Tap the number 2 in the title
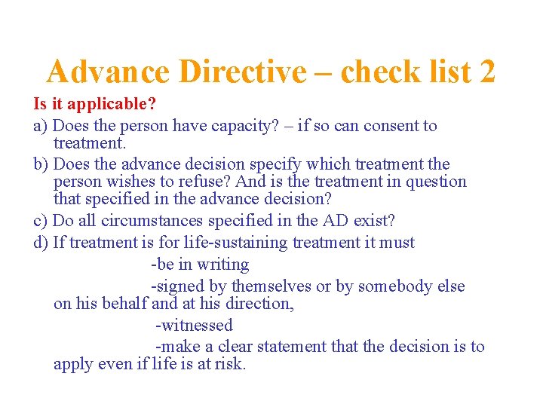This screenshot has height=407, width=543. coord(486,72)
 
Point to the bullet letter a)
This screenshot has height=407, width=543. coord(41,125)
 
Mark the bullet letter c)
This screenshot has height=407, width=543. coord(41,221)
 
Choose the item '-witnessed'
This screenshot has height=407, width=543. coord(194,326)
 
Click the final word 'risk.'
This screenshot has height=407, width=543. coord(230,364)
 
